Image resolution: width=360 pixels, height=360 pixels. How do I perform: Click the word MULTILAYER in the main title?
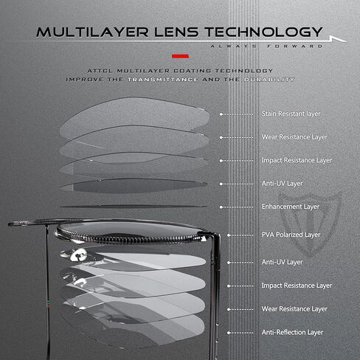(x=92, y=32)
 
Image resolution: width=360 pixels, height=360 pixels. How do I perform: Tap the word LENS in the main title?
(x=176, y=32)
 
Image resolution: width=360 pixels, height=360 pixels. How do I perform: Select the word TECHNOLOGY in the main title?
(x=263, y=32)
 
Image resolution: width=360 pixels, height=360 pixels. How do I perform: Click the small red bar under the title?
(x=180, y=56)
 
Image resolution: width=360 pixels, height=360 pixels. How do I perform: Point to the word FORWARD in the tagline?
(x=294, y=46)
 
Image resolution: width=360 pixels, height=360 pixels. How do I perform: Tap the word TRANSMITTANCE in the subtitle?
(x=163, y=80)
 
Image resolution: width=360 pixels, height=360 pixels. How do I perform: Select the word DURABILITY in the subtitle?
(x=269, y=80)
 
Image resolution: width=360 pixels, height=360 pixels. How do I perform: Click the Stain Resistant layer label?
(x=291, y=114)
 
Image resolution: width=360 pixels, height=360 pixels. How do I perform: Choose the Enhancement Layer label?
(x=291, y=207)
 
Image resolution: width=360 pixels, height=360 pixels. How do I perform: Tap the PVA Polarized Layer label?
(x=291, y=235)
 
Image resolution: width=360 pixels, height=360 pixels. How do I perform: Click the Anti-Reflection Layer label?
(x=292, y=333)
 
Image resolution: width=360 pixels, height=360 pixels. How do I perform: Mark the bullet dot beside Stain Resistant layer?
(x=221, y=114)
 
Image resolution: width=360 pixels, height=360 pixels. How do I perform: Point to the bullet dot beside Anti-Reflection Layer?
(x=229, y=333)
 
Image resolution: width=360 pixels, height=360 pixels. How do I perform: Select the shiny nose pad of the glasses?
(x=78, y=255)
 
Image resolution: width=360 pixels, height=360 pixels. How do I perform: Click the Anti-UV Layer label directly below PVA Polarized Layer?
(x=282, y=263)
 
